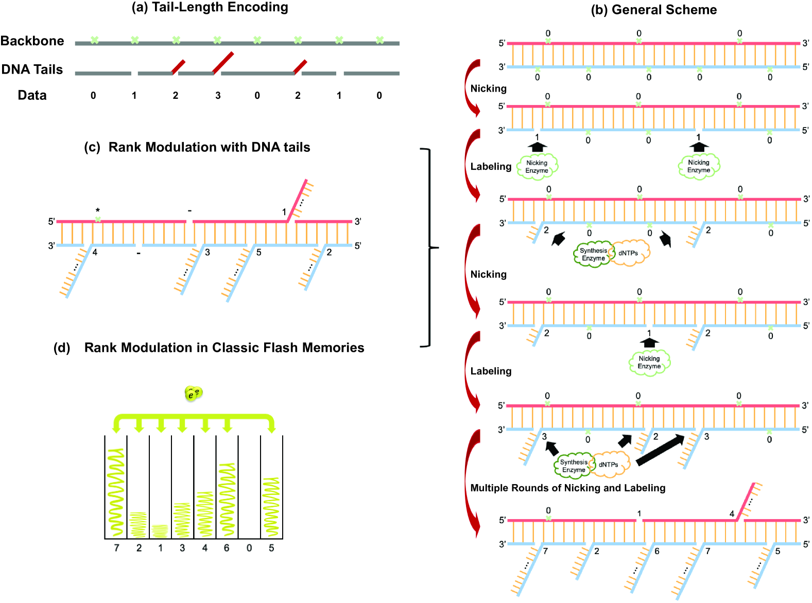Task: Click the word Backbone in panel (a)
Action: [x=32, y=41]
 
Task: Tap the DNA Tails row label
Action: [x=32, y=69]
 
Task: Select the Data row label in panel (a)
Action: [x=32, y=95]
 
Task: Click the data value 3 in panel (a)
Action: [x=218, y=96]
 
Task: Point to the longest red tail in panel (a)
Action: [x=223, y=62]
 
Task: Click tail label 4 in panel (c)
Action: [x=95, y=253]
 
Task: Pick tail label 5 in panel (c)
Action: [x=258, y=253]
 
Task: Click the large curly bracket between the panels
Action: [x=430, y=247]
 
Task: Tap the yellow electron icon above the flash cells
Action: [x=194, y=394]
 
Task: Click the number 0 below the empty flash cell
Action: [x=249, y=548]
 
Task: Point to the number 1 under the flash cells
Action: [x=160, y=548]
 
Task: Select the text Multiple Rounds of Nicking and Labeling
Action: [x=567, y=488]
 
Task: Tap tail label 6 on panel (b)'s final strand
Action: [x=657, y=552]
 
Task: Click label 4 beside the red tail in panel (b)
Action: [x=732, y=513]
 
